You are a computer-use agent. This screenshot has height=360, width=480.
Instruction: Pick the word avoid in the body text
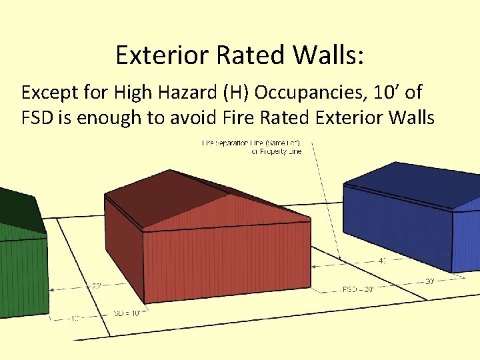point(204,119)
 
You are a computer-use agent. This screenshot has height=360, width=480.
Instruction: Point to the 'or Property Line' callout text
point(276,151)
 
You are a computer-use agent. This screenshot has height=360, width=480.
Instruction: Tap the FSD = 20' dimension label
point(357,289)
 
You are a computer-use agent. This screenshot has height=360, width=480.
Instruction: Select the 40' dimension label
point(382,261)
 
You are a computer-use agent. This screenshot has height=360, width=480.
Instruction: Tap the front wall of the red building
point(227,260)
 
